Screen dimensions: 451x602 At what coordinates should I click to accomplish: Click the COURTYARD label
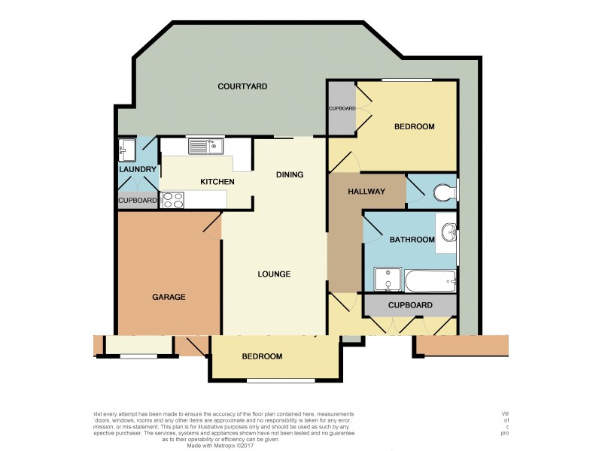tap(242, 86)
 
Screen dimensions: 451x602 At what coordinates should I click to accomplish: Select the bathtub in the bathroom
tap(430, 282)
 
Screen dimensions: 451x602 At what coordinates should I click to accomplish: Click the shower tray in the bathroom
tap(388, 281)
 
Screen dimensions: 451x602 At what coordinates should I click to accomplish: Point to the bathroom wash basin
tap(448, 232)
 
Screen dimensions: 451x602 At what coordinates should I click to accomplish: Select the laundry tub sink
tap(126, 150)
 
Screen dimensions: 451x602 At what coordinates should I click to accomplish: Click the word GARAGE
tap(169, 297)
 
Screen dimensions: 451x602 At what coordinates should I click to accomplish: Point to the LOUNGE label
tap(273, 274)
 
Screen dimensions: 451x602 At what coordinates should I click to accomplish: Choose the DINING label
tap(290, 175)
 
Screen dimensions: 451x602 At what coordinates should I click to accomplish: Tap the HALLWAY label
tap(366, 192)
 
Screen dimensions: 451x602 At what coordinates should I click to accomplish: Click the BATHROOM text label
tap(412, 240)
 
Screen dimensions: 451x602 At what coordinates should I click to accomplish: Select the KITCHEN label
tap(217, 182)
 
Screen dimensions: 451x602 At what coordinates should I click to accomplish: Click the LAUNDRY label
tap(138, 170)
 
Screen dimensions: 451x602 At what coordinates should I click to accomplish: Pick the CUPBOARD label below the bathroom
tap(410, 305)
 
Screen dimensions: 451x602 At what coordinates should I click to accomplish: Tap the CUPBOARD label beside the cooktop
tap(138, 201)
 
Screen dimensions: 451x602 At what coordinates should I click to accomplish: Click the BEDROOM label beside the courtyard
tap(415, 126)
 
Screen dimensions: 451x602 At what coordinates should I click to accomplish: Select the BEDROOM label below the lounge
tap(262, 356)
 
